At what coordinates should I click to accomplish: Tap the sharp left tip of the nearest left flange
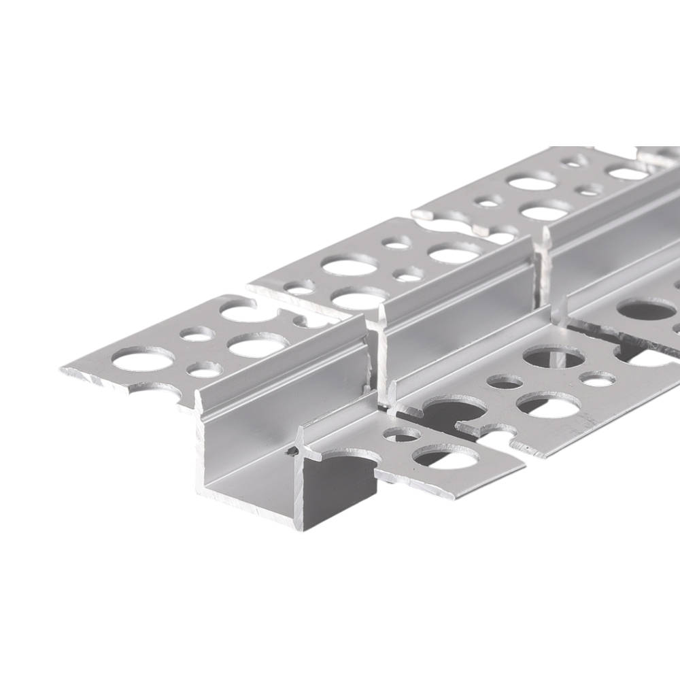pyautogui.click(x=63, y=371)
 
